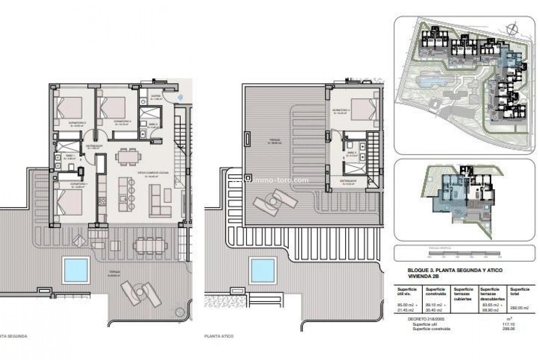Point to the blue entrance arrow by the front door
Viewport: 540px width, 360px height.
pos(180,97)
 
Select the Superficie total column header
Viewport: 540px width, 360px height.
pos(520,291)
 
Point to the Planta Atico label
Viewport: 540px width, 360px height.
pos(219,336)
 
